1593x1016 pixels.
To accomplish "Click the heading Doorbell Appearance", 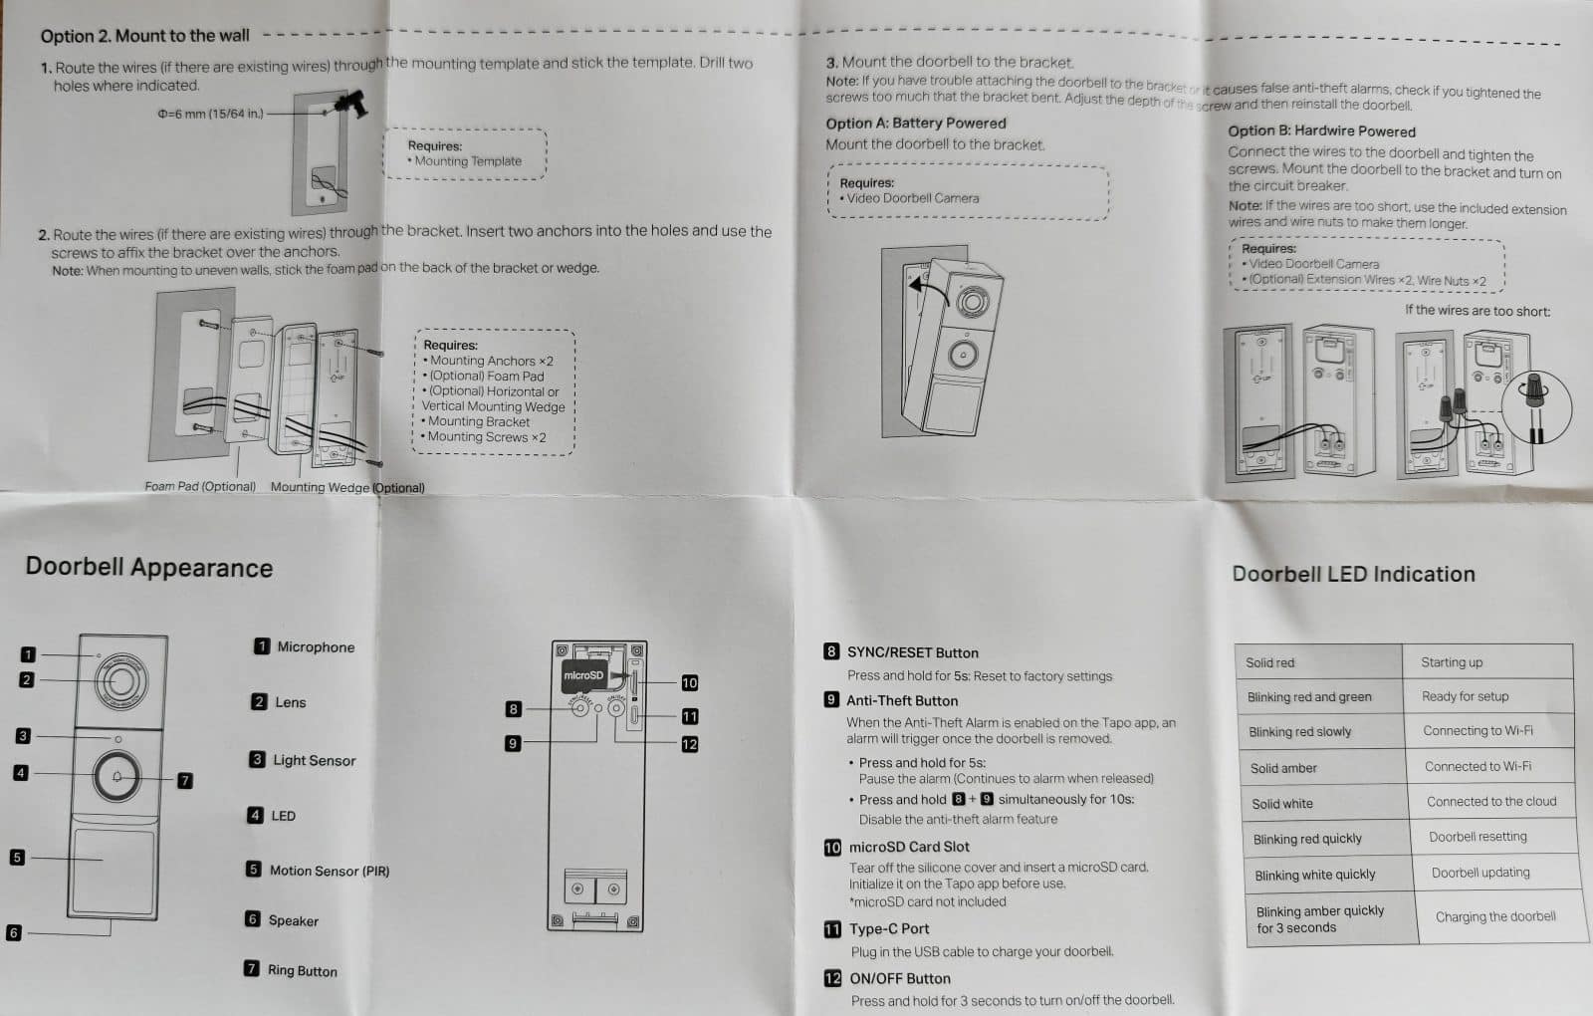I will click(149, 568).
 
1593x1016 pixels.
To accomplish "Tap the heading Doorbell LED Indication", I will click(1353, 574).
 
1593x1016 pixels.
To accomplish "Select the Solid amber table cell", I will click(1283, 768).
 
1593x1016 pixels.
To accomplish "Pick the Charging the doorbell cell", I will click(1494, 916).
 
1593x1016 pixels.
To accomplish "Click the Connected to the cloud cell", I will click(1490, 801).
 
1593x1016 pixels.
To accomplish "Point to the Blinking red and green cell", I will click(1309, 697).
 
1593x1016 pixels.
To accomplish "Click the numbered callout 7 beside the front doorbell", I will click(185, 780).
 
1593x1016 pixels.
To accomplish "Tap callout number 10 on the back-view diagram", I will click(689, 682).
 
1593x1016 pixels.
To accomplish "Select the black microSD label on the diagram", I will click(583, 675).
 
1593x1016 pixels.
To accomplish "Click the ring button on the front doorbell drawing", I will click(117, 776).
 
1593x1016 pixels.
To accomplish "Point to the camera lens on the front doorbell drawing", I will click(120, 681).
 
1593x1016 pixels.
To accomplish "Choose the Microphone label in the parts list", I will click(316, 646).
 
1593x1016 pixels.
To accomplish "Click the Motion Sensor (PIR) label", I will click(329, 871).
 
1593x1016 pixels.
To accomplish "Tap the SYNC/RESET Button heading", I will click(912, 652).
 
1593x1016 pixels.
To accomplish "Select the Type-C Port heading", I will click(888, 928).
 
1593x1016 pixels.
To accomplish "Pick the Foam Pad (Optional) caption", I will click(200, 486).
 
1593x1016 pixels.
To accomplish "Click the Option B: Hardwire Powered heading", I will click(1321, 131).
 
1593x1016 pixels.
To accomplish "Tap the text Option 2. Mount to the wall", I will click(145, 36).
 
